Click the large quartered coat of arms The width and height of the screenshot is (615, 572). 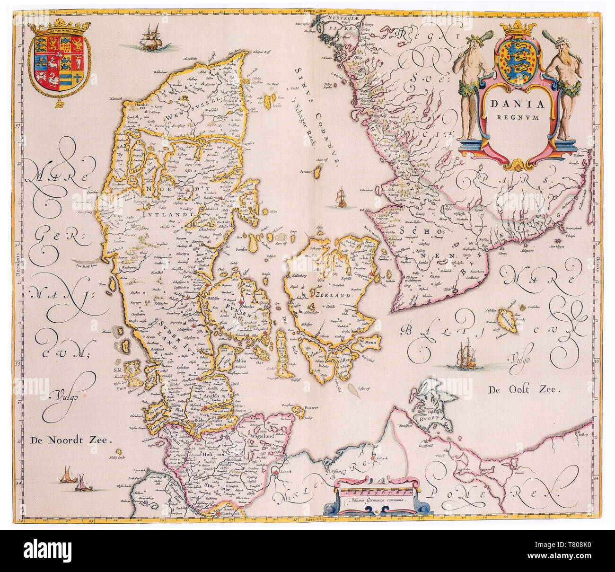pos(59,62)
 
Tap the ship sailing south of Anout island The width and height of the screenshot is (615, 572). pos(341,198)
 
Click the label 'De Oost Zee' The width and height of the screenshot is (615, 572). pos(524,390)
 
